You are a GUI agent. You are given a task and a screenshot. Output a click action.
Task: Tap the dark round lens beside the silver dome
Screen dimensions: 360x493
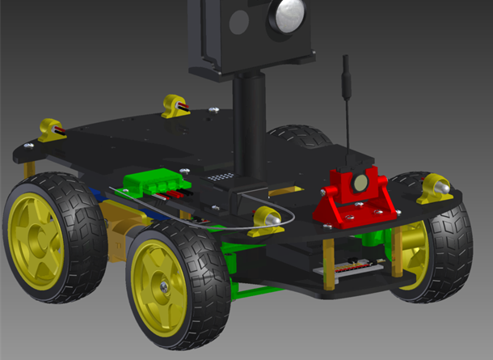238,23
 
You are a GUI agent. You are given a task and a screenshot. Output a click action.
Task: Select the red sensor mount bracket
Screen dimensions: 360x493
356,202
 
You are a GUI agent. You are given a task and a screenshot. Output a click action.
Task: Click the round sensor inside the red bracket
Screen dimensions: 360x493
357,184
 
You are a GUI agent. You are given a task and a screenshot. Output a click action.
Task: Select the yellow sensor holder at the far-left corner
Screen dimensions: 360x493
51,129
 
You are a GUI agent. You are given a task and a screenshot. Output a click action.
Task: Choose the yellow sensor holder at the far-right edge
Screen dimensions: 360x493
436,188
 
